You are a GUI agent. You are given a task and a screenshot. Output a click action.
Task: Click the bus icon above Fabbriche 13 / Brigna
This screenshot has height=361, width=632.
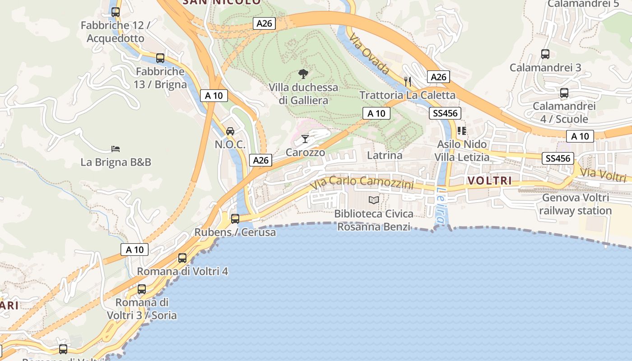160,58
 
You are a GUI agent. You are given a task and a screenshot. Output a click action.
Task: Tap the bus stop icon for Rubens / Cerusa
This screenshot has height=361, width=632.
235,219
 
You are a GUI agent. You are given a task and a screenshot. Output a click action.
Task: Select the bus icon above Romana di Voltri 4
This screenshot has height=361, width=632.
182,258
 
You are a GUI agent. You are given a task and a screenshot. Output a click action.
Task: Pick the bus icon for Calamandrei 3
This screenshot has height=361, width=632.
545,54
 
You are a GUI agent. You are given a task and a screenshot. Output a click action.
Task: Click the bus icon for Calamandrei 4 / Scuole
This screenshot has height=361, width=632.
564,93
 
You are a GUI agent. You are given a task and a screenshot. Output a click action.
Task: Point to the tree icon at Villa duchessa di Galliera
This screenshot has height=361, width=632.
303,74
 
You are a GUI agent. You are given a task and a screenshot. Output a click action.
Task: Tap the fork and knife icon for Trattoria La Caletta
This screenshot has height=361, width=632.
408,81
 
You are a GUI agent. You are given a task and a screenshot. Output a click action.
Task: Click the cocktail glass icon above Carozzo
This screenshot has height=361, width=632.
306,139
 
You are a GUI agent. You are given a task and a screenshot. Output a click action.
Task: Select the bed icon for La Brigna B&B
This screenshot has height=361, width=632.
116,148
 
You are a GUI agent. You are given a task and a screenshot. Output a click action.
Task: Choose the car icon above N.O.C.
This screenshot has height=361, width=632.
230,131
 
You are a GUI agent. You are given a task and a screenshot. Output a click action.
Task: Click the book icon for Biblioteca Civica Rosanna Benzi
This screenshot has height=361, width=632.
374,200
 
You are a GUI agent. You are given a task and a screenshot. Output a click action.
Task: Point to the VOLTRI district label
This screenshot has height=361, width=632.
490,181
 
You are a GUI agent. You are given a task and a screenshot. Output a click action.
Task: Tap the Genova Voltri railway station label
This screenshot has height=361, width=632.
575,204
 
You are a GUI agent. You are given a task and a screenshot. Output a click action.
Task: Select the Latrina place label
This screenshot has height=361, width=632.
385,155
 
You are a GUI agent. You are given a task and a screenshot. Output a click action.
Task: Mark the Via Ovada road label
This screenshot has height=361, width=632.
369,55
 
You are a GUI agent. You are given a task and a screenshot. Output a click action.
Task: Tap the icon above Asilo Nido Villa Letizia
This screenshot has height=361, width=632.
461,131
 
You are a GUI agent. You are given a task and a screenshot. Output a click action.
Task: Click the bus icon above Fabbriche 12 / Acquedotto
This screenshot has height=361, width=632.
116,12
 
